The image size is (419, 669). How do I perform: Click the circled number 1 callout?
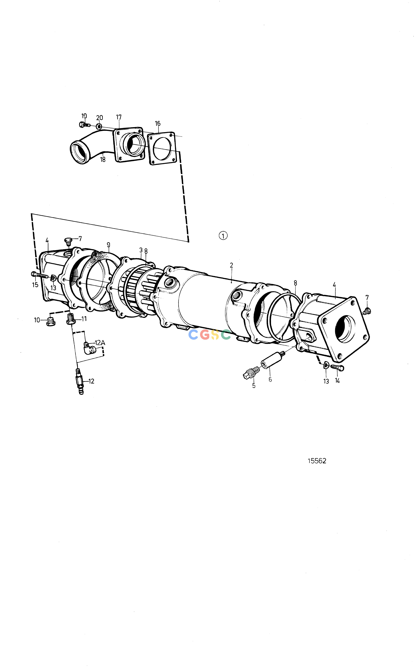tap(223, 236)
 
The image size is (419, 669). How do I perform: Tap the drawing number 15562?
tap(317, 461)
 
